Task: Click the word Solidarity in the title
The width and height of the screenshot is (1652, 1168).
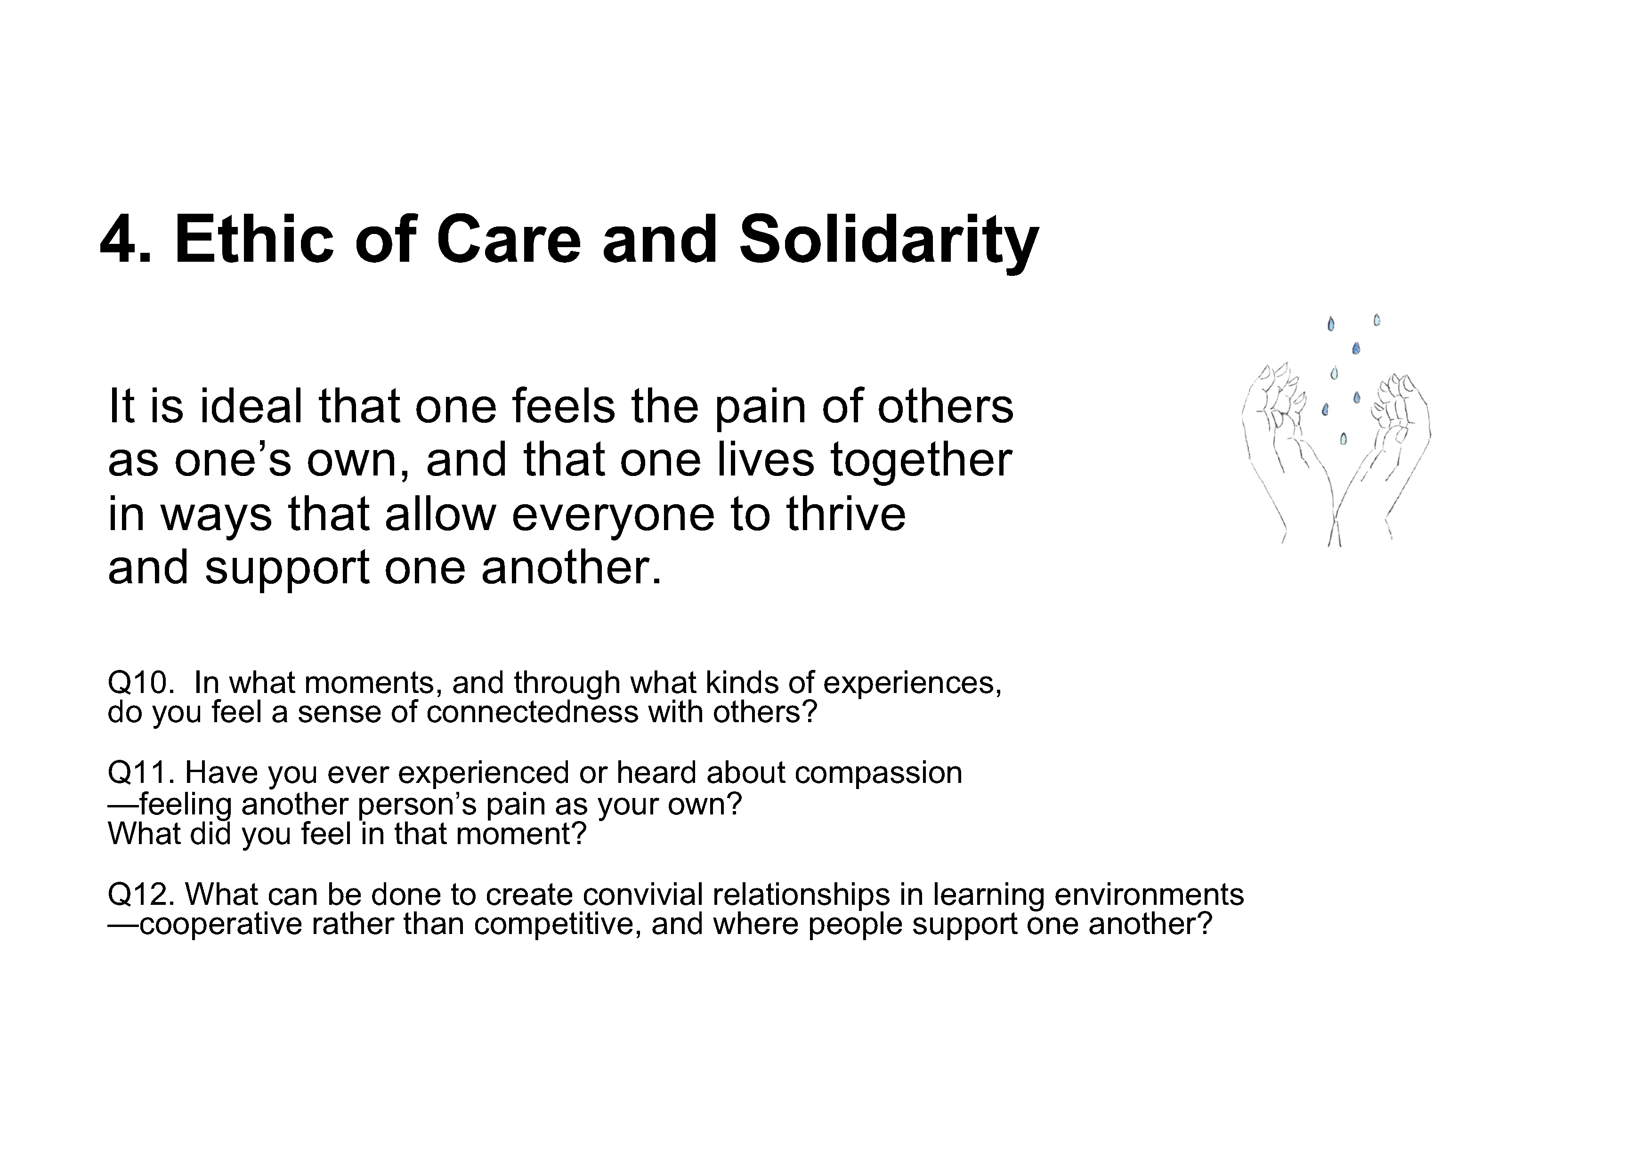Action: click(889, 243)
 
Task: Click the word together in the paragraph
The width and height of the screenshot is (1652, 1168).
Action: click(921, 462)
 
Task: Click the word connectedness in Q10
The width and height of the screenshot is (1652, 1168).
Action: click(533, 712)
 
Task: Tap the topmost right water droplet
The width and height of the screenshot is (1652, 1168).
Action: click(1377, 320)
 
